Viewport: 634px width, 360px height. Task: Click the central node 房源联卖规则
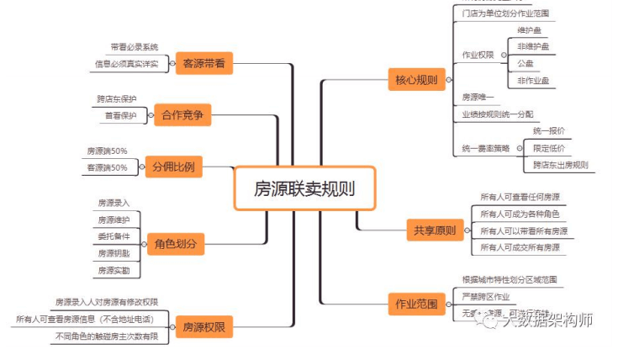[x=304, y=188]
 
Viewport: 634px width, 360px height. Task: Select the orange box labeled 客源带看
[x=203, y=62]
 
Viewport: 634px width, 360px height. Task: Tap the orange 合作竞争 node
[x=179, y=115]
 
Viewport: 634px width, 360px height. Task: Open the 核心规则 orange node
[x=417, y=81]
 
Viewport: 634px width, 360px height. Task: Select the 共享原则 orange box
[x=435, y=230]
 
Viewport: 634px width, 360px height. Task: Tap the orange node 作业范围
[x=416, y=304]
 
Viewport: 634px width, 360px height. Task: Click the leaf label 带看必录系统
[x=134, y=47]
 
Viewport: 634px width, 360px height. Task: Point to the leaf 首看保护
[x=120, y=115]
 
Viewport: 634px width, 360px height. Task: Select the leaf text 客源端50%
[x=107, y=167]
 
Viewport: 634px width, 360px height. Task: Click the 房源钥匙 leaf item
[x=114, y=253]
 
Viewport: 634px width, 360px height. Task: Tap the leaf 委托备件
[x=114, y=236]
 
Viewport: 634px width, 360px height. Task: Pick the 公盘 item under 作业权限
[x=526, y=63]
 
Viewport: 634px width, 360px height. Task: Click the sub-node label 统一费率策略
[x=485, y=148]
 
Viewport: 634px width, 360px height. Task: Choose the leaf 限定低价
[x=548, y=148]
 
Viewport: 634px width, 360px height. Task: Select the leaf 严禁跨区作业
[x=487, y=296]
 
